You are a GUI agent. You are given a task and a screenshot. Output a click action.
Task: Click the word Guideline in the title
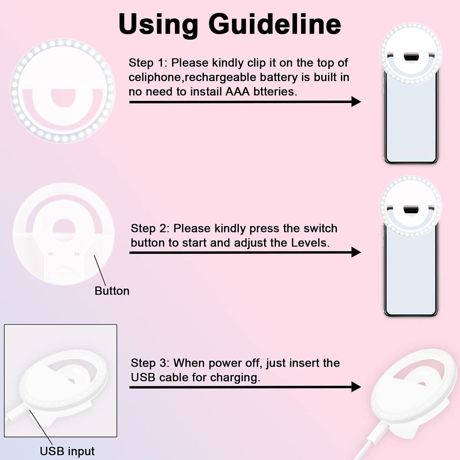275,25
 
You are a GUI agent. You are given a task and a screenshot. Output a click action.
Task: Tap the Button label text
112,291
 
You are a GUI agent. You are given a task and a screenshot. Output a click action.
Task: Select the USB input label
67,451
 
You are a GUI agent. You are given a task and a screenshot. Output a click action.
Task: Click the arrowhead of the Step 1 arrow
356,102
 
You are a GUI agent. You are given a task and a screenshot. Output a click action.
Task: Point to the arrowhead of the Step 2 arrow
356,252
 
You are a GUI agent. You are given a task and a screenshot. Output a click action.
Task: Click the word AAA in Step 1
238,92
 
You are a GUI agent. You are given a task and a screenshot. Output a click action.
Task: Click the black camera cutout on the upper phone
411,58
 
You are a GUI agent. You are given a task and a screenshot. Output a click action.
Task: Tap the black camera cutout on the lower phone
411,210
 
